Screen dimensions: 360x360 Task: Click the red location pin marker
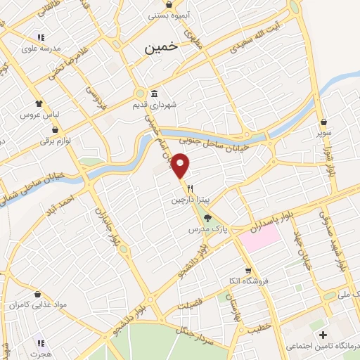[x=181, y=165]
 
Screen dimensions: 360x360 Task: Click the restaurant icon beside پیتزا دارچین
[x=191, y=188]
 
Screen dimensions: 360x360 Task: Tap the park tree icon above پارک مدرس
[x=207, y=218]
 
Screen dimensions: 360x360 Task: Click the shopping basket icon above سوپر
[x=323, y=122]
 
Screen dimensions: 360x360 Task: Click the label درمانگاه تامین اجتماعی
[x=324, y=347]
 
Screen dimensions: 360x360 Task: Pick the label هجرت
[x=40, y=356]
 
